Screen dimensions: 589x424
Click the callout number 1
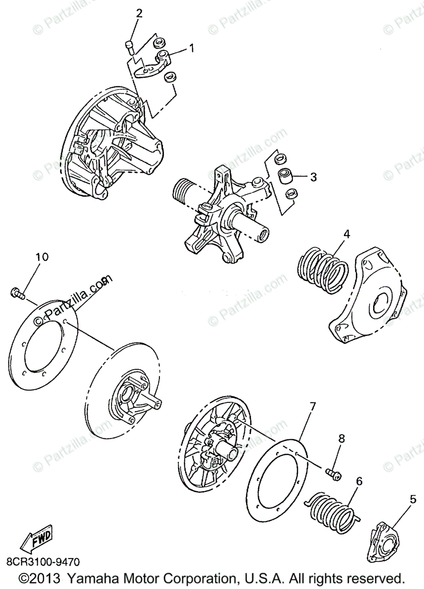point(191,48)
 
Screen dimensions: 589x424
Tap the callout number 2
point(139,13)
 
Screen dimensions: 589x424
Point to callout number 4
point(346,234)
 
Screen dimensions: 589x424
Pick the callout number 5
point(413,500)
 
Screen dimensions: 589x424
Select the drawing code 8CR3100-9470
point(43,561)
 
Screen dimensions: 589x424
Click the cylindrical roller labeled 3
point(284,176)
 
